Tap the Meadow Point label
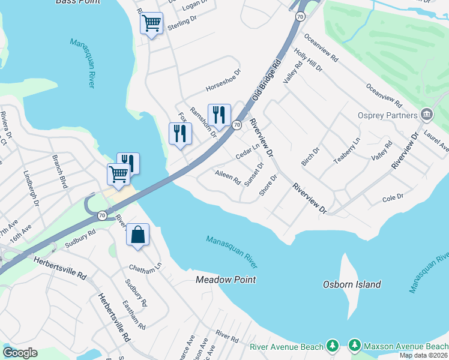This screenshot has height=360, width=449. [x=226, y=280]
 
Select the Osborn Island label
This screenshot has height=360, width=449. [x=351, y=284]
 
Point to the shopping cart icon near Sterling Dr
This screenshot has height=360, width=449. [x=152, y=24]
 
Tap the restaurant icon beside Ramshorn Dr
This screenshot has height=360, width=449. [x=218, y=115]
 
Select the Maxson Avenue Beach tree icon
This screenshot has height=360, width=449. [x=354, y=346]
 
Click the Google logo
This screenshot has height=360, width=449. [x=20, y=353]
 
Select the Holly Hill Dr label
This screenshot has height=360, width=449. [x=309, y=61]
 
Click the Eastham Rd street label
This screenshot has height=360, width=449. [x=134, y=316]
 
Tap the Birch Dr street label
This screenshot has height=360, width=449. [x=310, y=155]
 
